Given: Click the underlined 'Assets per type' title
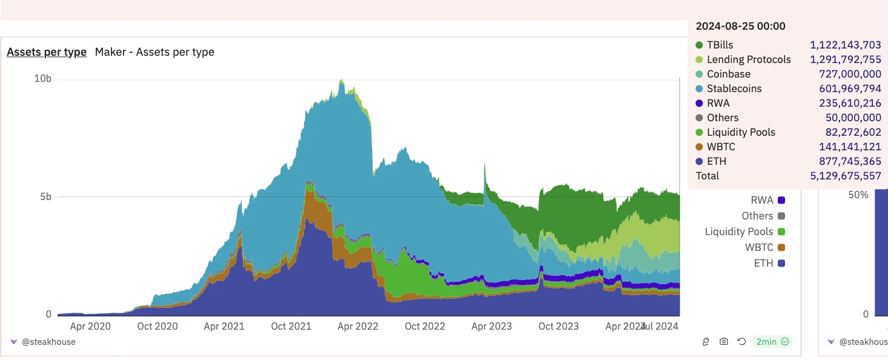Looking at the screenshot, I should click(47, 52).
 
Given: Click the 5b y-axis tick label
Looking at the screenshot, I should click(46, 197).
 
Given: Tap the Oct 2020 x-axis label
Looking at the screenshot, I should click(157, 326).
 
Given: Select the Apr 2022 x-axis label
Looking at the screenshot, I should click(357, 326).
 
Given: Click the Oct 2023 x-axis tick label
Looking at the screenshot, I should click(558, 326).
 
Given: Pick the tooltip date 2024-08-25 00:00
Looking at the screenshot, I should click(740, 26).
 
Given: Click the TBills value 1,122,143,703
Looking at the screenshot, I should click(845, 45).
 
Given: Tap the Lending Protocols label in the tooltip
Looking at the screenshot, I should click(749, 59).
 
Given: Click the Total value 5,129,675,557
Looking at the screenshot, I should click(845, 176).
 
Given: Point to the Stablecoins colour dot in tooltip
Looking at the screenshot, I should click(699, 88).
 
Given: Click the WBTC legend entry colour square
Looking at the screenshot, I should click(781, 247).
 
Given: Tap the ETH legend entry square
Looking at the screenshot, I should click(781, 263).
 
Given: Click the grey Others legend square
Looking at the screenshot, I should click(781, 216).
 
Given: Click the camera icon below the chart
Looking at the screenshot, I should click(724, 342).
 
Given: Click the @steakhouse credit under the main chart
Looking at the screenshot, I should click(48, 342).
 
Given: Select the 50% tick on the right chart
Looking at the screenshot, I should click(858, 195).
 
